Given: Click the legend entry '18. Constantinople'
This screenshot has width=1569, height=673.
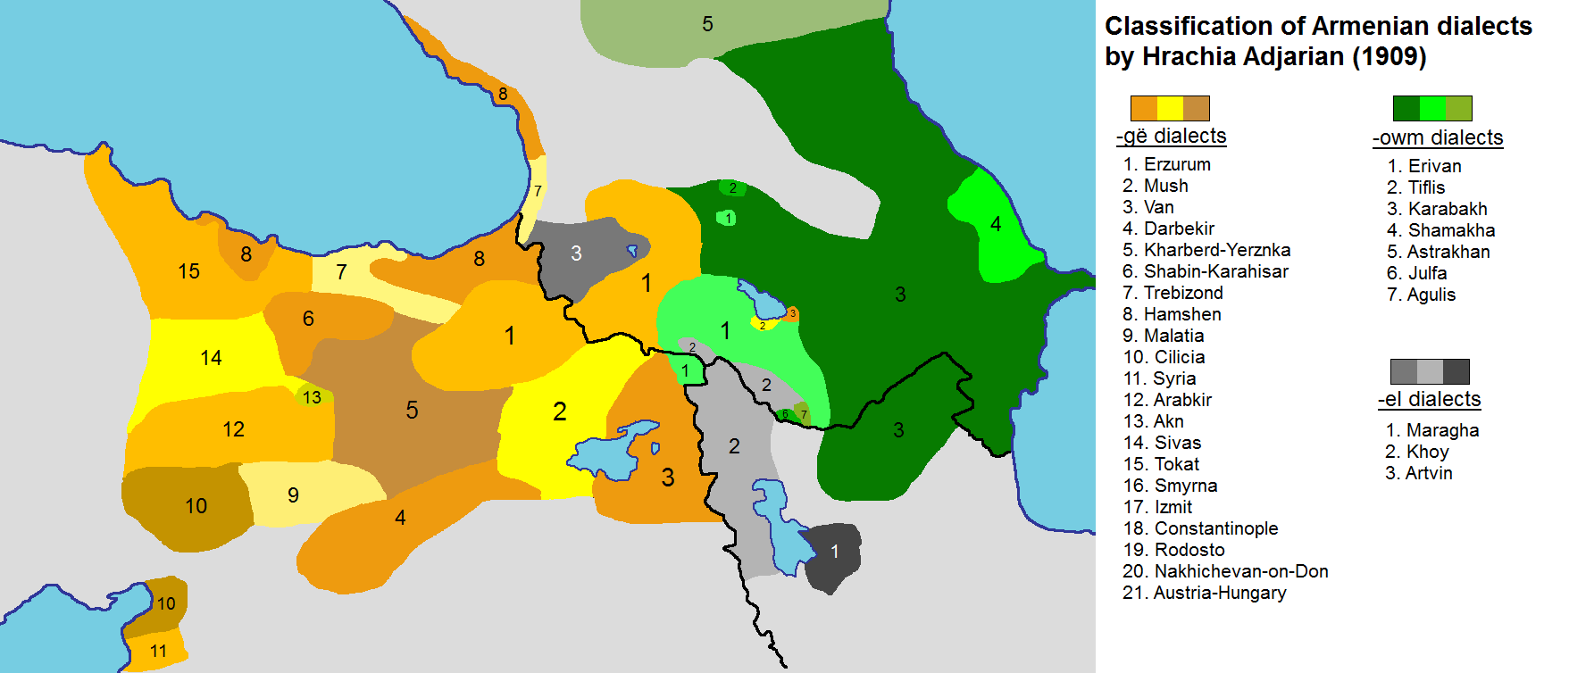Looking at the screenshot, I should [1200, 528].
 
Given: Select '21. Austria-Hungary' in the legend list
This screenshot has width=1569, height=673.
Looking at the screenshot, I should [1204, 593].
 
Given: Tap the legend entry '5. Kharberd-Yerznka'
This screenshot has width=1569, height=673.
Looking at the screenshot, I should [1206, 250].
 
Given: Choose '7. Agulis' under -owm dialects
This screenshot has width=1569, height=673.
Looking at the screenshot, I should [1421, 295].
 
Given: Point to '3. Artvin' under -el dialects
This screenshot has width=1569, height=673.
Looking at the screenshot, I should [1418, 473].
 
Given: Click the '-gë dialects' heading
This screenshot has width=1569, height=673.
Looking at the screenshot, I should [1171, 136].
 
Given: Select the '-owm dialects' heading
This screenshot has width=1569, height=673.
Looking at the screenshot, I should [1438, 137].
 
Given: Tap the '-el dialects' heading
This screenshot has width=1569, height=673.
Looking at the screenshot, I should [1429, 399].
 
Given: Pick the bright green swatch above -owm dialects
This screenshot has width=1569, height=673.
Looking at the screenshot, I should [1432, 108].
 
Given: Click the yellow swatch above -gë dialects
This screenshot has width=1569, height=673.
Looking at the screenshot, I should [1170, 108].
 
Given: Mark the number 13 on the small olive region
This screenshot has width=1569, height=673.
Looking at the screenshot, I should [312, 397].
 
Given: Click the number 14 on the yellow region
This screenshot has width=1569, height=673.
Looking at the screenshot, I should [211, 358].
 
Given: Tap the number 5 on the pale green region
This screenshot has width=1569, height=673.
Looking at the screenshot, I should [707, 24].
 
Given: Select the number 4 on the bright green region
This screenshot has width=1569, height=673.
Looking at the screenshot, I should [996, 223].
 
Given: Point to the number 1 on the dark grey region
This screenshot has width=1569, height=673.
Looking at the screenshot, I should [835, 551].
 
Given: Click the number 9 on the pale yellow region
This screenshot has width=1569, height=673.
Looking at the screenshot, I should [293, 495].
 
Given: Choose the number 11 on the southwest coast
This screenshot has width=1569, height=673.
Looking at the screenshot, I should [158, 651].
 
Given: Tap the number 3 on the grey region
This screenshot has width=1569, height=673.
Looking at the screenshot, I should [576, 253].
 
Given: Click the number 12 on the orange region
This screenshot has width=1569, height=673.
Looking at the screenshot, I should [233, 429].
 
